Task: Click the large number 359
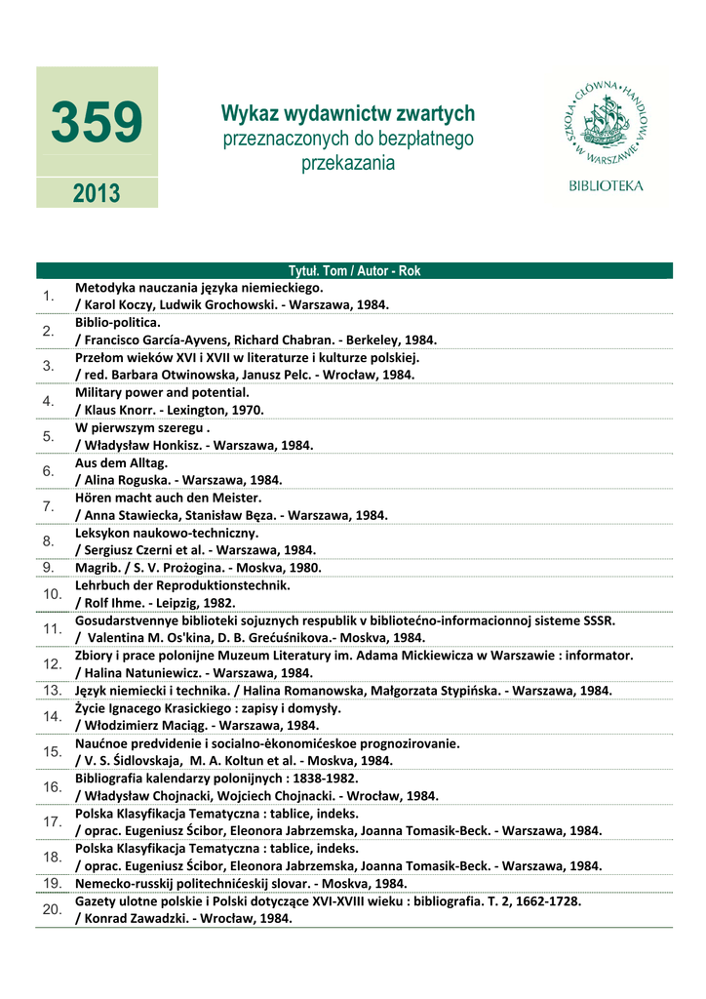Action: point(97,124)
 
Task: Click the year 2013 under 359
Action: point(97,193)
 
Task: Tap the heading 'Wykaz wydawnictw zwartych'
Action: point(348,114)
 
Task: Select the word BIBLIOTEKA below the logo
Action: point(606,184)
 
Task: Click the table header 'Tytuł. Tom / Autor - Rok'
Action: point(354,271)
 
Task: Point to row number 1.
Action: point(47,296)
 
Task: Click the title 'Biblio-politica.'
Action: point(118,322)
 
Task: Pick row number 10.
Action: point(51,593)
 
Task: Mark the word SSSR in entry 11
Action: point(599,619)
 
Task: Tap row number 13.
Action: point(51,690)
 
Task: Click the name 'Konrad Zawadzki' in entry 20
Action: point(132,918)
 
